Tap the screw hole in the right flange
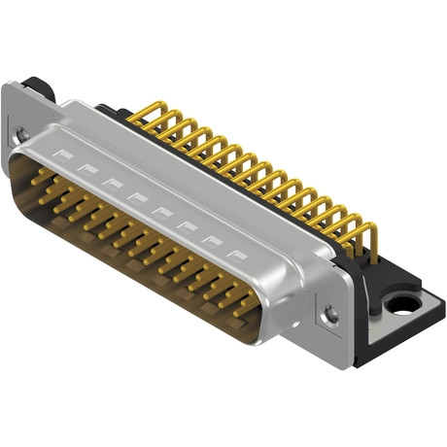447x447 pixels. [330, 313]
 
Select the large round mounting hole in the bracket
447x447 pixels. [400, 307]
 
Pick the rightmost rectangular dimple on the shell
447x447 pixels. [235, 256]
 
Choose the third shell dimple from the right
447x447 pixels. [187, 226]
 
